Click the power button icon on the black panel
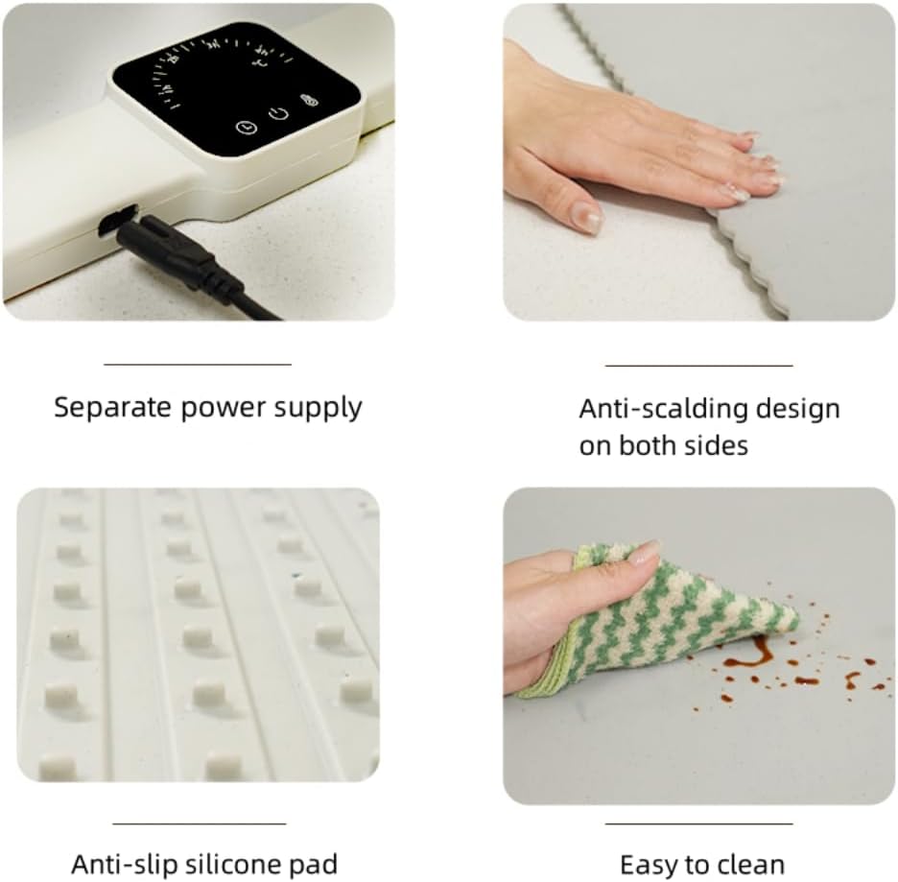click(278, 113)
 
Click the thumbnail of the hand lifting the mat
click(698, 162)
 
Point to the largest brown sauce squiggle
click(750, 655)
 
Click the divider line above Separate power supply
click(198, 364)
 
